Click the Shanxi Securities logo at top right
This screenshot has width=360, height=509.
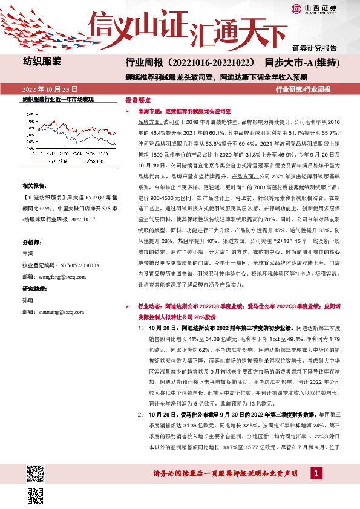315,9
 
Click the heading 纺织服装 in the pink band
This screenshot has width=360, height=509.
42,61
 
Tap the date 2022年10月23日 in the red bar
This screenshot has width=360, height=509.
50,89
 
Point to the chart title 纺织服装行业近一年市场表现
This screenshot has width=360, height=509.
58,99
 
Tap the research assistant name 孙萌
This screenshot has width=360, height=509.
28,299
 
